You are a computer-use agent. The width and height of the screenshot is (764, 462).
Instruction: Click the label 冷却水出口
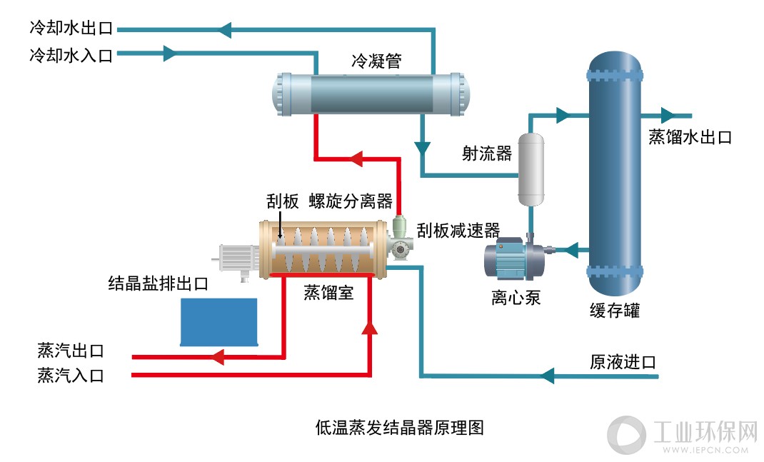(x=71, y=28)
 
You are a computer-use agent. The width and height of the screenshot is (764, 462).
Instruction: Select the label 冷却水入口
(x=71, y=55)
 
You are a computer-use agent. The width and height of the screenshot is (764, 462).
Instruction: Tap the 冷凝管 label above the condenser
(x=376, y=61)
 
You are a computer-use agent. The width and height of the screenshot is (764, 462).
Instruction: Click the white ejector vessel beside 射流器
(x=531, y=169)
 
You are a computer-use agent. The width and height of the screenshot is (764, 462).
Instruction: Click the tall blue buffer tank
(x=615, y=173)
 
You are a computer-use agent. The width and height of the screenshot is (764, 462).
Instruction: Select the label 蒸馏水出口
(x=690, y=137)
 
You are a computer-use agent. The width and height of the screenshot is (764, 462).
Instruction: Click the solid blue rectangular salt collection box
(x=218, y=322)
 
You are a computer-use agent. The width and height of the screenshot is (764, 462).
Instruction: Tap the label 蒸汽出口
(x=71, y=351)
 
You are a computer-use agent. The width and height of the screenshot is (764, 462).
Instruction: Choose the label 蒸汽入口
(x=71, y=376)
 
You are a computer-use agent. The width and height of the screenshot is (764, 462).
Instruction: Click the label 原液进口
(x=623, y=362)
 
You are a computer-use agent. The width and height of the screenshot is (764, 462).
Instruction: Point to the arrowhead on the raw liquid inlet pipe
(x=548, y=376)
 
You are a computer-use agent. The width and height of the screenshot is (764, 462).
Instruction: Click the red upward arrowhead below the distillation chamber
(x=370, y=327)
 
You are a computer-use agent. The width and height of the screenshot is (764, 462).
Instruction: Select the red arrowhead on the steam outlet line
(x=217, y=357)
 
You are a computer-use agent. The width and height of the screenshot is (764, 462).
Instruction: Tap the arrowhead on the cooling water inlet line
(x=169, y=53)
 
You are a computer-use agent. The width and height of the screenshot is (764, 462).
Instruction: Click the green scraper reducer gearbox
(x=400, y=238)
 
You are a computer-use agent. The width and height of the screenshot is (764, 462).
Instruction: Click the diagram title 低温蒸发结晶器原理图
(x=400, y=428)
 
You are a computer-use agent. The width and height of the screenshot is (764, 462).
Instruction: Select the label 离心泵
(x=516, y=297)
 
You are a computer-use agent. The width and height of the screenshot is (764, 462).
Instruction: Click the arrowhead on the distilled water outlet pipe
(x=668, y=116)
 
